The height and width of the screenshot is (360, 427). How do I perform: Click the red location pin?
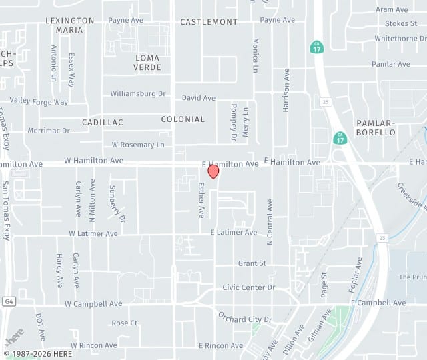[x=213, y=171]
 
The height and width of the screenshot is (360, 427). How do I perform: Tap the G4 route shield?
[x=8, y=303]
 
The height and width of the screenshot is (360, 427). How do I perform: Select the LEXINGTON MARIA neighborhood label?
[x=70, y=25]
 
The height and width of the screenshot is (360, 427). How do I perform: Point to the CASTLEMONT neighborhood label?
[x=209, y=22]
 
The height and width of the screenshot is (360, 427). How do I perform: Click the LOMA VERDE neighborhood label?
[x=147, y=63]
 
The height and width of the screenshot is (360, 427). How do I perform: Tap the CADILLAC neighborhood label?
[x=103, y=123]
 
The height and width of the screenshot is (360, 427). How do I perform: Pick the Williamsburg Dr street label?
[x=138, y=94]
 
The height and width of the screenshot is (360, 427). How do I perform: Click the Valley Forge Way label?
[x=39, y=102]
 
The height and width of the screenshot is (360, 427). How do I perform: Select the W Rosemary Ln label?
[x=138, y=145]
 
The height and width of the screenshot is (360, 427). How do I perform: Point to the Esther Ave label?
[x=201, y=200]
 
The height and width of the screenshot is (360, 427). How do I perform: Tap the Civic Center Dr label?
[x=248, y=287]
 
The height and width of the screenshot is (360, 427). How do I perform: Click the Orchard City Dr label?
[x=245, y=319]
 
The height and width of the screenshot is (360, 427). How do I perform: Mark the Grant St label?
[x=252, y=263]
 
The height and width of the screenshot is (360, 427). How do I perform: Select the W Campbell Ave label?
[x=93, y=303]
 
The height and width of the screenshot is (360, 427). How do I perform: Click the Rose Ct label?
[x=124, y=323]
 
